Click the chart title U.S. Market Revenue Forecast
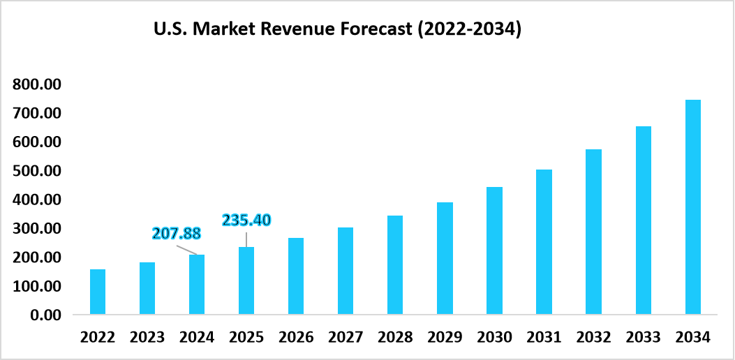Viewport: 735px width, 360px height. tap(337, 31)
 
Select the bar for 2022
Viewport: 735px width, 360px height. tap(98, 292)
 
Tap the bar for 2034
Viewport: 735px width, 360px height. tap(692, 207)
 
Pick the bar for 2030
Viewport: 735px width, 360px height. tap(494, 250)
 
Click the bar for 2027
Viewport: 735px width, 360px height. tap(346, 271)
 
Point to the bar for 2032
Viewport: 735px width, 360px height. tap(593, 232)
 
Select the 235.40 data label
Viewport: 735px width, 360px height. tap(246, 220)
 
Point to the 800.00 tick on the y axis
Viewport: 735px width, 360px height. tap(37, 84)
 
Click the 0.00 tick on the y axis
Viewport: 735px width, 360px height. tap(46, 315)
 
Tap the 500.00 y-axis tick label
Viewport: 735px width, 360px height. tap(37, 171)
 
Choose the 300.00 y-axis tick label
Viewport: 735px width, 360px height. tap(37, 229)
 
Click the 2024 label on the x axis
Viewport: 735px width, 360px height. tap(197, 338)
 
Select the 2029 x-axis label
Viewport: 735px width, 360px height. tap(445, 338)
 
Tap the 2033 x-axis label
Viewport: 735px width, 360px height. tap(643, 338)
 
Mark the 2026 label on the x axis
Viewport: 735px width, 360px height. tap(296, 338)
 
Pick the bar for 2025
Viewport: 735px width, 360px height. tap(246, 281)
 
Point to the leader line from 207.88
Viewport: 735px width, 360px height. tap(187, 249)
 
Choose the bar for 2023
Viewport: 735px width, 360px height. tap(147, 289)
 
